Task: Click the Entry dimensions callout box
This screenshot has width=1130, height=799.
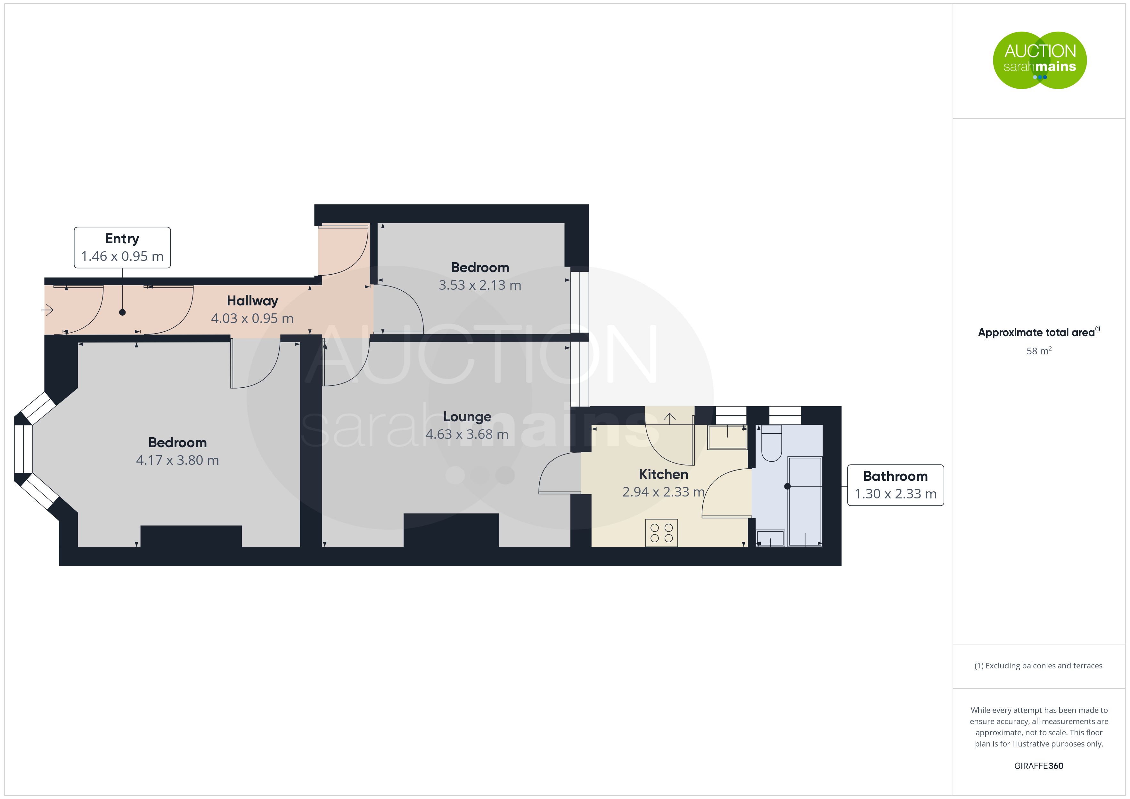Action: (122, 247)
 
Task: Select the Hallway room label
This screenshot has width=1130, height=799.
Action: (252, 301)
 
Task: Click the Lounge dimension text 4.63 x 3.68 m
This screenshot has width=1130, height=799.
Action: (467, 434)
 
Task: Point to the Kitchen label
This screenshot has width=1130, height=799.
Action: (663, 474)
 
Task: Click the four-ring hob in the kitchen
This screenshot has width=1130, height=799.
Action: (661, 533)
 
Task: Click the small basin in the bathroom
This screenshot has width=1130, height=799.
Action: (770, 538)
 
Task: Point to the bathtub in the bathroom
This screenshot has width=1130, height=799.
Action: (805, 501)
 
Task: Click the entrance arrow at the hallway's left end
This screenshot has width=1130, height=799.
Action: (47, 310)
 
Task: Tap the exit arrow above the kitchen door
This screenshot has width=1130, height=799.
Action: (669, 418)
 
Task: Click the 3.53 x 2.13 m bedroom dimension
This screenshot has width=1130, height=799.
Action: (480, 285)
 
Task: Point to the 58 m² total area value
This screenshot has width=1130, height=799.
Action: (1039, 351)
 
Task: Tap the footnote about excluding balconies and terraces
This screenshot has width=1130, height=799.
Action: (1038, 666)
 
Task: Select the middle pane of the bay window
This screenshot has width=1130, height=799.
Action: (23, 449)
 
